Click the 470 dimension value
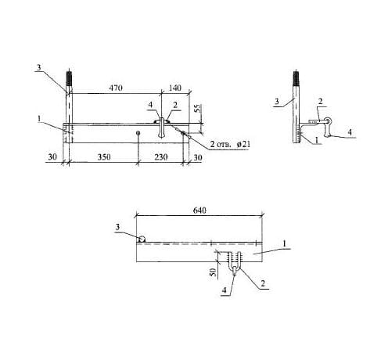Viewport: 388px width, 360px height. pyautogui.click(x=116, y=88)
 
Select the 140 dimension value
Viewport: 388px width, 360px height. pyautogui.click(x=174, y=88)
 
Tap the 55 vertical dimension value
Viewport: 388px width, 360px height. pyautogui.click(x=198, y=108)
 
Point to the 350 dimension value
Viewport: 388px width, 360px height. pyautogui.click(x=104, y=157)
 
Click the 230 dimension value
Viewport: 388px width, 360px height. pyautogui.click(x=161, y=157)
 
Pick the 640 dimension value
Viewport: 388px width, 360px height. pyautogui.click(x=199, y=211)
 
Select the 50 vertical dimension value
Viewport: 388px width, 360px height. pyautogui.click(x=214, y=272)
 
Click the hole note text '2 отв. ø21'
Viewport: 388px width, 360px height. pyautogui.click(x=230, y=144)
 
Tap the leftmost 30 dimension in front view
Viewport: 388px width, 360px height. pyautogui.click(x=52, y=157)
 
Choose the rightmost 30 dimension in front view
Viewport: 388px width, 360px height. pyautogui.click(x=197, y=157)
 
